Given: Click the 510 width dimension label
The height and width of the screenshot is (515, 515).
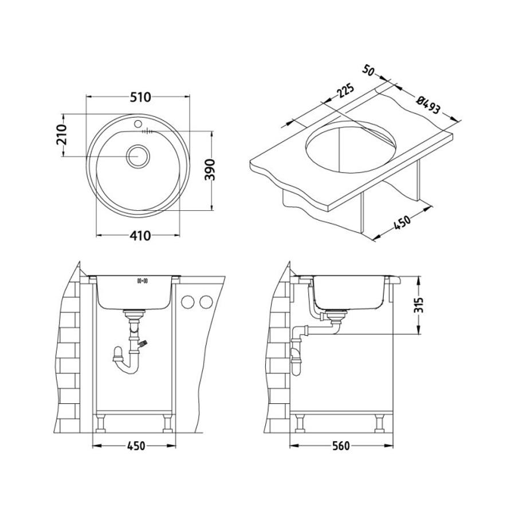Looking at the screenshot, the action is pos(140,97).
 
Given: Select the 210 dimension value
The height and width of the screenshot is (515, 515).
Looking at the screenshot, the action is pos(61,135).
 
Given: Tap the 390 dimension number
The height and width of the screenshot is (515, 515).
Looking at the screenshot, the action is pos(210,170).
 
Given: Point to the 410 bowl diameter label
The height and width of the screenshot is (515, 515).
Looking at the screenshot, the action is pos(140,235).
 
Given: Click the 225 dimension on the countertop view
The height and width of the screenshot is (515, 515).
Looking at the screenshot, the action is pos(345,91).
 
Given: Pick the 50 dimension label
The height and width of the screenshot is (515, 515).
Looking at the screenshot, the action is pos(368,70).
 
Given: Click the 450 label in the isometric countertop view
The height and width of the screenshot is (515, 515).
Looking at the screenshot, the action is pos(402,223).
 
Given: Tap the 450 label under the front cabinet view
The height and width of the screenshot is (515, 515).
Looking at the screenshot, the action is pos(135,446).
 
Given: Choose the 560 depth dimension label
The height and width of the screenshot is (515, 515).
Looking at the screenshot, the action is pos(341,446).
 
